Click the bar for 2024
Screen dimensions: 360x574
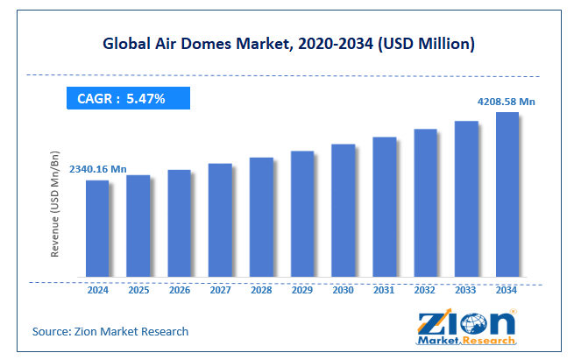pyautogui.click(x=97, y=229)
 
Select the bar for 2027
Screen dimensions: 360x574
pyautogui.click(x=220, y=221)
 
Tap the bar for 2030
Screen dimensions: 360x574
pyautogui.click(x=344, y=211)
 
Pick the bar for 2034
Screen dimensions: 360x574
pyautogui.click(x=507, y=195)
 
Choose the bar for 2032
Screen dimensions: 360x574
pyautogui.click(x=425, y=204)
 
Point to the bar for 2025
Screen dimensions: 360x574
pyautogui.click(x=138, y=227)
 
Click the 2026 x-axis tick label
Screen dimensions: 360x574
pyautogui.click(x=179, y=290)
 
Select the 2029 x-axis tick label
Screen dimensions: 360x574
pyautogui.click(x=302, y=290)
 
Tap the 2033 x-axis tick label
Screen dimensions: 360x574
pyautogui.click(x=466, y=290)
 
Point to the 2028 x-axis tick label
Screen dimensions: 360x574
pyautogui.click(x=261, y=290)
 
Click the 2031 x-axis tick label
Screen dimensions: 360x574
pyautogui.click(x=384, y=290)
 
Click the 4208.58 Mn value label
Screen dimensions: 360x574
pyautogui.click(x=506, y=102)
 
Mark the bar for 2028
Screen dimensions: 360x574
pyautogui.click(x=261, y=218)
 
